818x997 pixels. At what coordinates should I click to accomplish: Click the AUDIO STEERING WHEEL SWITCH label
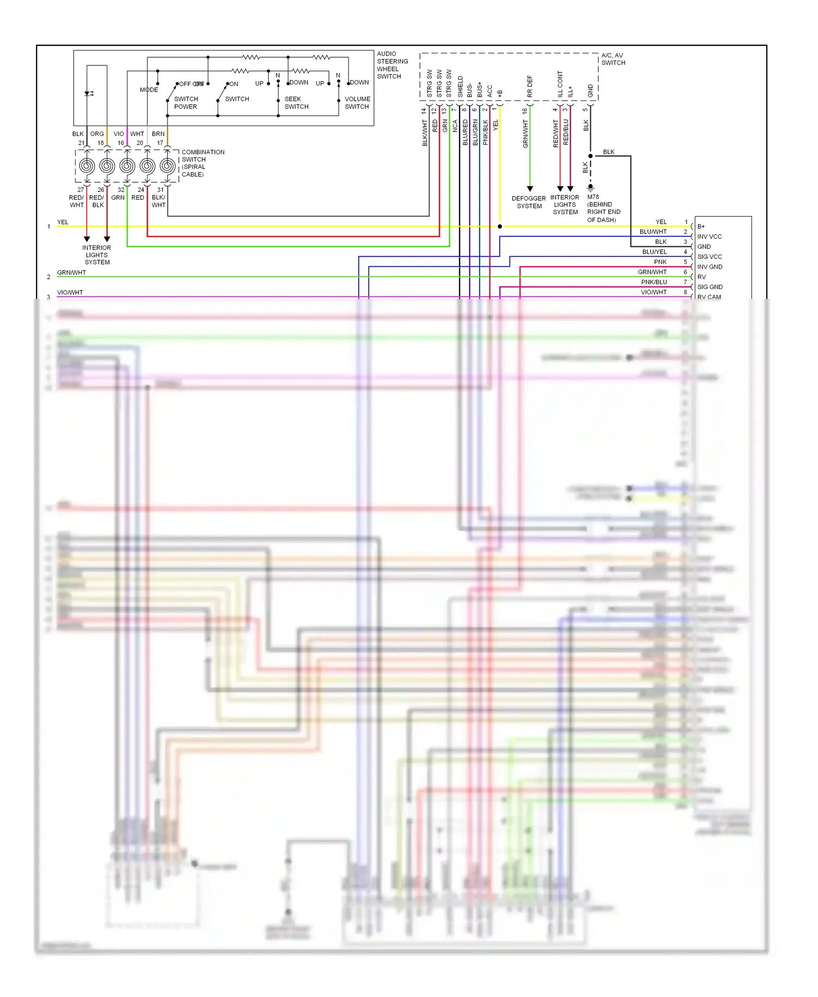tap(392, 65)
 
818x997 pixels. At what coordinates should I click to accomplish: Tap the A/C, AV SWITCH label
tap(613, 59)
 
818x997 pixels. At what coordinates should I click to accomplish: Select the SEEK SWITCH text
tap(296, 103)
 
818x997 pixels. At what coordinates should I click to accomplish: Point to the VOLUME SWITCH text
tap(357, 103)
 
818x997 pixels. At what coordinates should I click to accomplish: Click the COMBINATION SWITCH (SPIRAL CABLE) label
tap(202, 163)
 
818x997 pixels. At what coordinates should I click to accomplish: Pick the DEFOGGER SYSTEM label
tap(528, 202)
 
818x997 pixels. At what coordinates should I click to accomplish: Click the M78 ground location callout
tap(603, 208)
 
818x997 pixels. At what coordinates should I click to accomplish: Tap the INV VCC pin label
tap(709, 237)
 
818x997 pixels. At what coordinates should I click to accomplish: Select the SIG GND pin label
tap(709, 287)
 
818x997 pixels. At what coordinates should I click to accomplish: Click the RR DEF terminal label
tap(530, 86)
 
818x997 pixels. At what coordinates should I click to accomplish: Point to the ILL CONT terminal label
tap(560, 84)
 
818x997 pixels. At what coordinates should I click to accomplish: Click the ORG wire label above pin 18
tap(97, 134)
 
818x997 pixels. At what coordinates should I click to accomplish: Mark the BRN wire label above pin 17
tap(158, 134)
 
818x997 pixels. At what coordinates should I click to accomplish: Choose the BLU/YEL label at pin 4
tap(654, 252)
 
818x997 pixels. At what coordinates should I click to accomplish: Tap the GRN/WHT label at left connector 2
tap(71, 273)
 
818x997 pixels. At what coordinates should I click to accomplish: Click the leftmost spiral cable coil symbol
tap(87, 166)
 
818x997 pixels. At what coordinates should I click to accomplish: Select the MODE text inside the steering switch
tap(149, 89)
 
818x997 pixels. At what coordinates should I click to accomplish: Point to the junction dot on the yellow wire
tap(500, 226)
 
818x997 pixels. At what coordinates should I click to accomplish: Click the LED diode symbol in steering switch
tap(88, 94)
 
